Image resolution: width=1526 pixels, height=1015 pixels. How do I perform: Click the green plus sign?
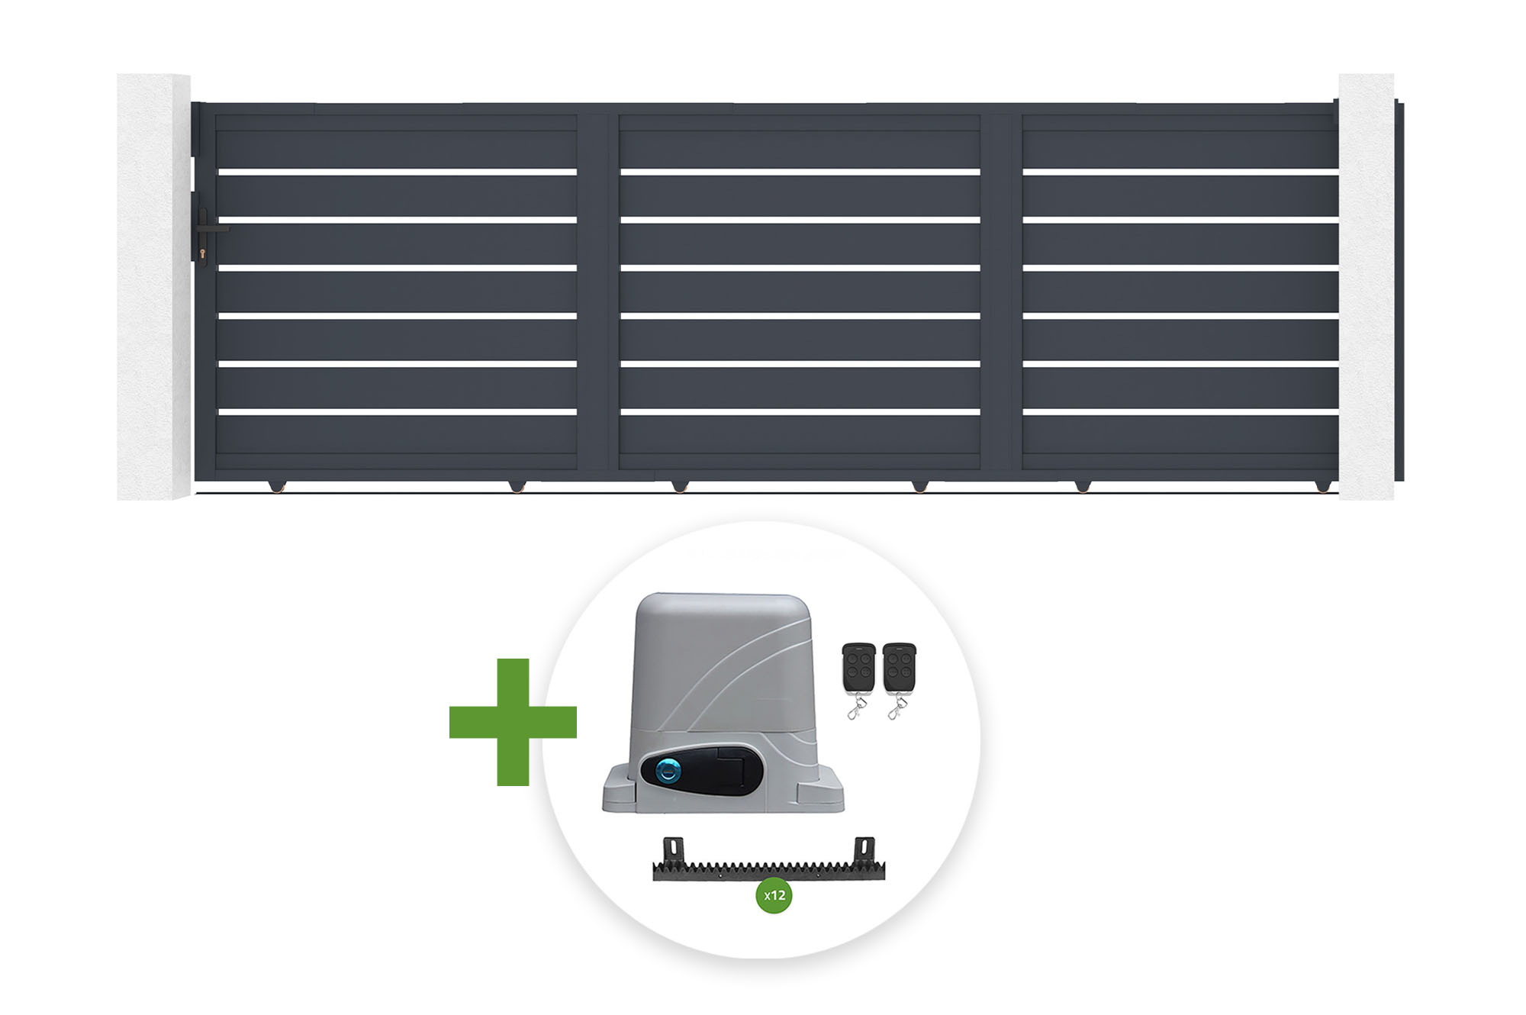[x=513, y=722]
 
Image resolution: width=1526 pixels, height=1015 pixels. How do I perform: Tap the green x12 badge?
[x=774, y=895]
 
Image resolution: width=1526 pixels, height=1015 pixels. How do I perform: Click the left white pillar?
[x=153, y=287]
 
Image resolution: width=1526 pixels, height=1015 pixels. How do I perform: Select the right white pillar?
[x=1366, y=287]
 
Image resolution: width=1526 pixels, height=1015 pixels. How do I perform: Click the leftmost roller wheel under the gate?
[x=276, y=486]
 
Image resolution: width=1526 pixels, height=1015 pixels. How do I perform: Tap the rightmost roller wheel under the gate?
[x=1323, y=486]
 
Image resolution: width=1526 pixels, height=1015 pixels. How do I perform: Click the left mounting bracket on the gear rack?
[x=673, y=849]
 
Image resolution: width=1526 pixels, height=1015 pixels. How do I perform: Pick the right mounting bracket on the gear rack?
[x=864, y=849]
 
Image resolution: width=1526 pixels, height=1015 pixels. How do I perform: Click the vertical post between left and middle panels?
[x=597, y=292]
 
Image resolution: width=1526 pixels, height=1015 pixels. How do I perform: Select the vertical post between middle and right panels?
[x=1001, y=292]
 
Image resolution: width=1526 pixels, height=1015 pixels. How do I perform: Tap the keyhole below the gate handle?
[x=202, y=253]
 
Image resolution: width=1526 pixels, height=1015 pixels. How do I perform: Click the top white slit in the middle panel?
[x=800, y=172]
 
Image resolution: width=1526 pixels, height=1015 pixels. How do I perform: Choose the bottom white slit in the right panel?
[x=1180, y=412]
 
